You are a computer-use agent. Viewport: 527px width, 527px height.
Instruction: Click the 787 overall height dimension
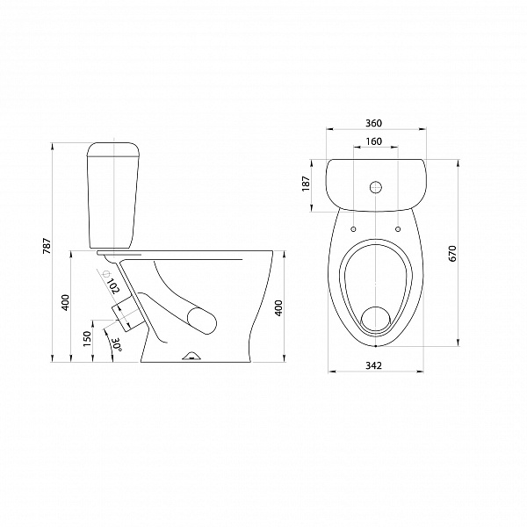47,246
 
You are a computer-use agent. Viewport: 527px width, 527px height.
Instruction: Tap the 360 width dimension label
374,123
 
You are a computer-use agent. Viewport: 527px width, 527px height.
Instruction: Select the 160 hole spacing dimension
374,141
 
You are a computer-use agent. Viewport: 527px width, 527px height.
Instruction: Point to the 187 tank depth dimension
307,184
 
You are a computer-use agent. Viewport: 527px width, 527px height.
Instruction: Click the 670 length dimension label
452,254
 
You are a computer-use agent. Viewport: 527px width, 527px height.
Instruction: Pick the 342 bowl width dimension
374,365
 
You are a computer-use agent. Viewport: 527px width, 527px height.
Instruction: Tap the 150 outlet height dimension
87,339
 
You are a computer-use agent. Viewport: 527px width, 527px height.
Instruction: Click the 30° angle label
116,344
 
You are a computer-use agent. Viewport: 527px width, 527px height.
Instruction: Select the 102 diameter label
113,286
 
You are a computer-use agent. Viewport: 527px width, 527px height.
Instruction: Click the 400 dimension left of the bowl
66,302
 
